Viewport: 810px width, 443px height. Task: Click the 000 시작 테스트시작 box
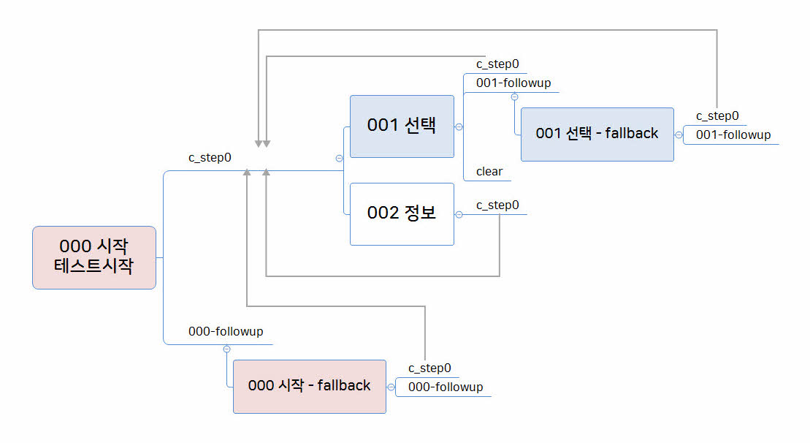[x=94, y=257]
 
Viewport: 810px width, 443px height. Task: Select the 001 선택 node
[x=402, y=126]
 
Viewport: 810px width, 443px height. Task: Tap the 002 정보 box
[x=402, y=213]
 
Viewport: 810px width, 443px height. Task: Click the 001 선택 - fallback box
[x=597, y=134]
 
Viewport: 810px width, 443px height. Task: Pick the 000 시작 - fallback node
[x=309, y=386]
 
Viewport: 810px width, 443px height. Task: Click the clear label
[x=489, y=172]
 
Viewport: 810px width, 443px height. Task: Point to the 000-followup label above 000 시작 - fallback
[x=226, y=331]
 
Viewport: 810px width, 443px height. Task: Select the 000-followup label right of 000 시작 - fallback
[x=446, y=387]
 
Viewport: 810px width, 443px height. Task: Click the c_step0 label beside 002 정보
[x=497, y=205]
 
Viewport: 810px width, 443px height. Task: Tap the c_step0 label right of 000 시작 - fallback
[x=429, y=368]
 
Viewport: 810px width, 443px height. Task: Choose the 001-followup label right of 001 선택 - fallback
[x=733, y=135]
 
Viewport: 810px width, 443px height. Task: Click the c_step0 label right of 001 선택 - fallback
[x=717, y=116]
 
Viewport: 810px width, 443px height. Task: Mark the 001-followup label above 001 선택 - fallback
[x=513, y=83]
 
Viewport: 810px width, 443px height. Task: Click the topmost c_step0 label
[x=497, y=64]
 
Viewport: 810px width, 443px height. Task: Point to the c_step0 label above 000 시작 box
[x=210, y=158]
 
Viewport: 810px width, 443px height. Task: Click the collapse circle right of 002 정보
[x=459, y=214]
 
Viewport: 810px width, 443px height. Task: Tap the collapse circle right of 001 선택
[x=459, y=126]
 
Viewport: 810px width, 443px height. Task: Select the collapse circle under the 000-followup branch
[x=227, y=348]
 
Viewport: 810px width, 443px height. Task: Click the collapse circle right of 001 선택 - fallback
[x=679, y=135]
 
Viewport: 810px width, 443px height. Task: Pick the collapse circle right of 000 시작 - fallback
[x=391, y=387]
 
